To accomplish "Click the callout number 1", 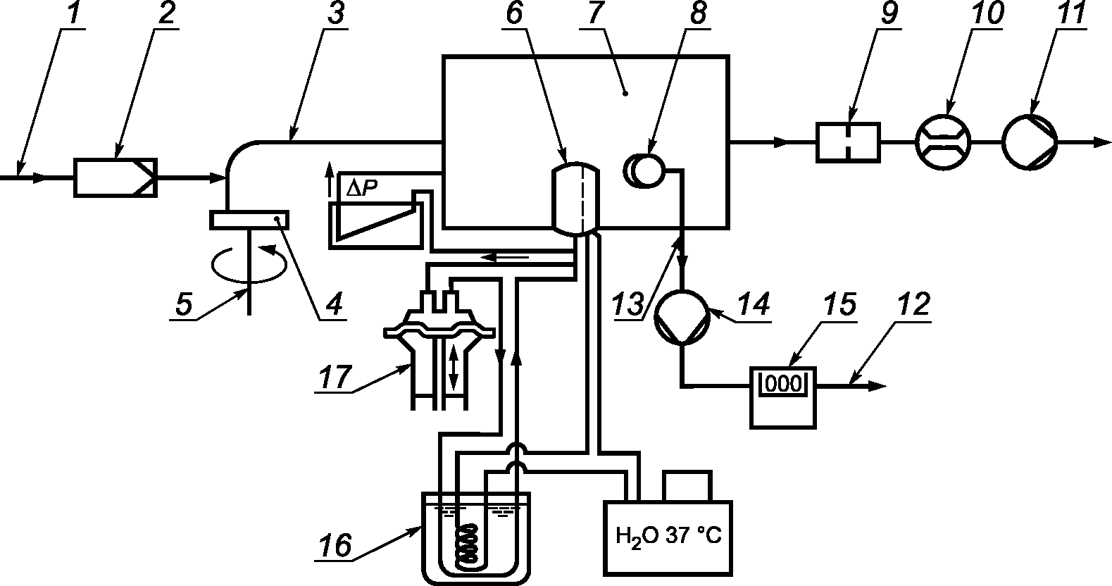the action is (x=74, y=14).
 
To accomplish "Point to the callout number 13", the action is (x=628, y=304).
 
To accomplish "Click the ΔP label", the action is (x=362, y=188).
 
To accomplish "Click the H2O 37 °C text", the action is (x=668, y=537).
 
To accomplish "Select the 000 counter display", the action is (x=784, y=383).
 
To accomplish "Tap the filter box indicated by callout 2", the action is (x=115, y=177).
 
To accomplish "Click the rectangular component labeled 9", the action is (x=848, y=142).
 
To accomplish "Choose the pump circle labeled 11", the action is (x=1030, y=142).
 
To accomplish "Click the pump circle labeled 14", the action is (x=682, y=318).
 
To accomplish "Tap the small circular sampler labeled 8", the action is (x=644, y=171).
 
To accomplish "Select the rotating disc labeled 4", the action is (x=249, y=220).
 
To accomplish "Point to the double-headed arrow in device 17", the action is (x=453, y=368).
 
